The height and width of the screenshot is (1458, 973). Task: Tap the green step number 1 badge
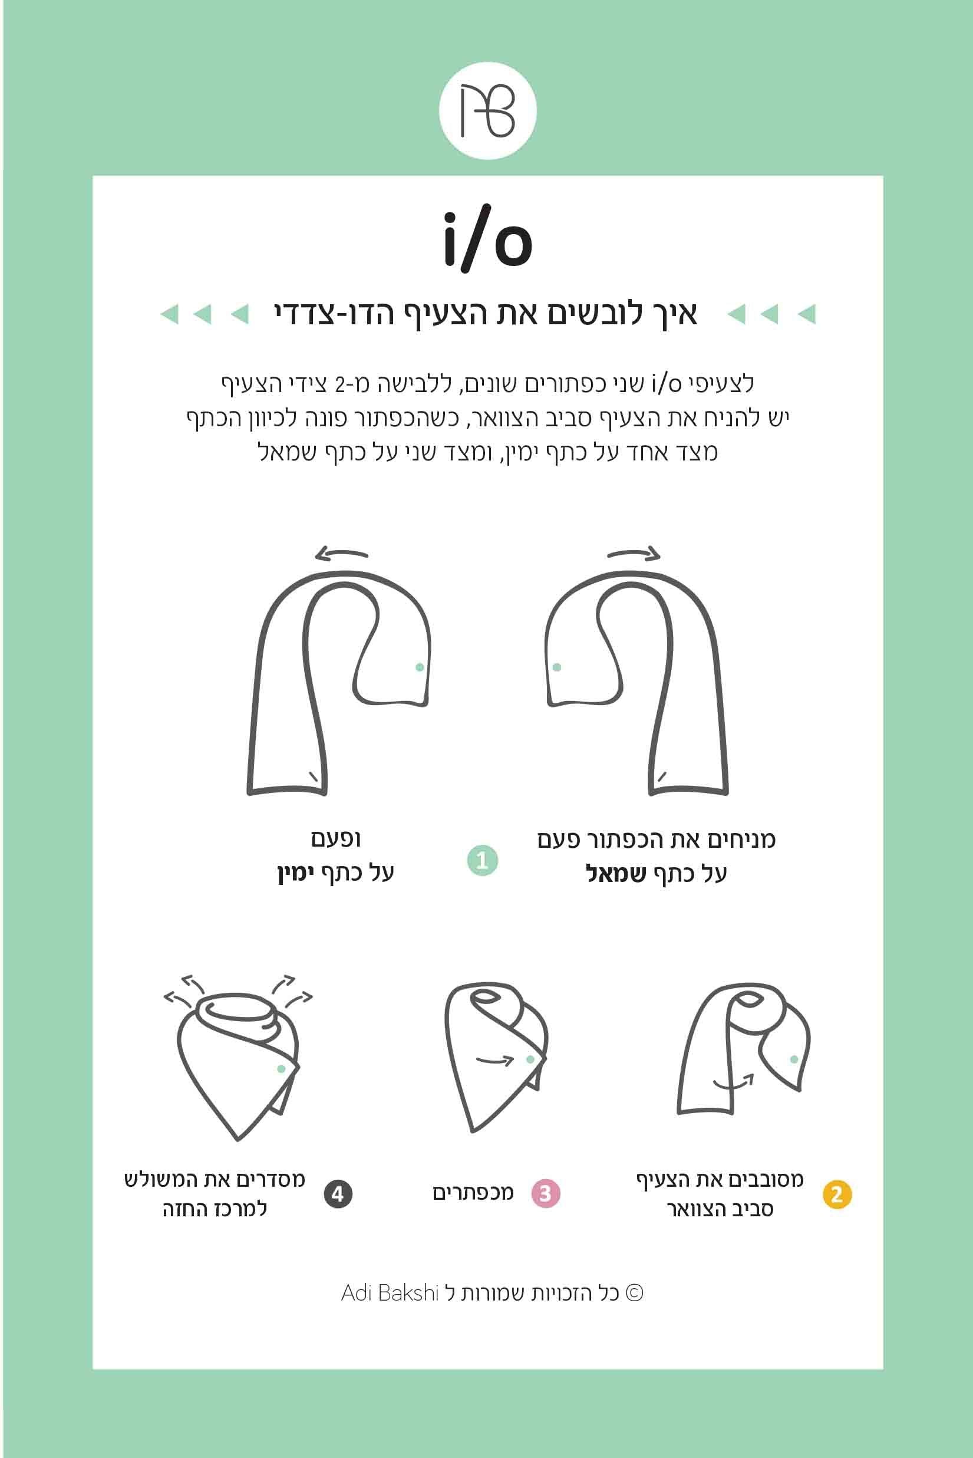click(482, 860)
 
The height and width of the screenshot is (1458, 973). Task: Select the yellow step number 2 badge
click(836, 1194)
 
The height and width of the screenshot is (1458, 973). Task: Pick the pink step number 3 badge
click(546, 1194)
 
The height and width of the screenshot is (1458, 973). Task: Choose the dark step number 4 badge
click(338, 1194)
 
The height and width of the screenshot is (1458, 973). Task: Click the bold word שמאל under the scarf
click(616, 874)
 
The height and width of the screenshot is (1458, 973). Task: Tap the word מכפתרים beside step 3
click(473, 1193)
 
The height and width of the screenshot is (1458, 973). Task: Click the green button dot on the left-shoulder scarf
click(556, 667)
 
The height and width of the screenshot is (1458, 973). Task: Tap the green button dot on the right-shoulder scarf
click(420, 667)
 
